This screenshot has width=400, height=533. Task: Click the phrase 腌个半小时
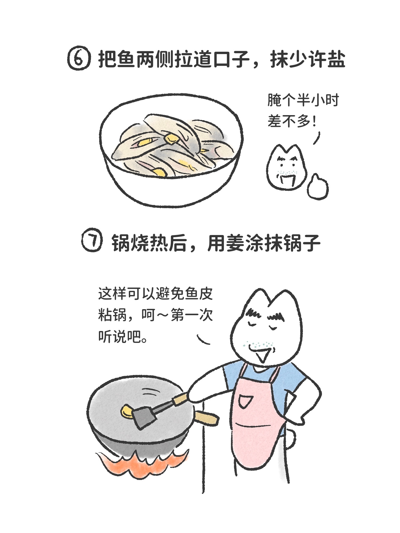point(303,100)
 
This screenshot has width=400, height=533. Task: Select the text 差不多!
point(292,121)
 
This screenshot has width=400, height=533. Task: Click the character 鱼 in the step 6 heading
point(125,59)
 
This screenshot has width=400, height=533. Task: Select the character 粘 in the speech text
point(105,316)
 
